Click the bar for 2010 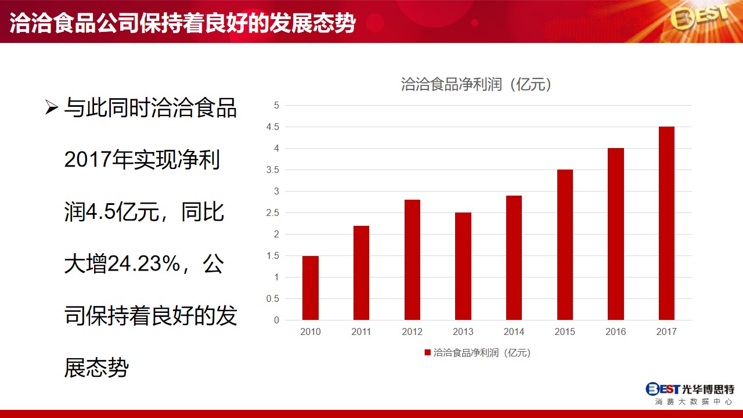[311, 288]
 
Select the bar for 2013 [463, 266]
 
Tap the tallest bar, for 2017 [666, 224]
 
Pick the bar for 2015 [565, 245]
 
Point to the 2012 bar [412, 260]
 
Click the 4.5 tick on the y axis [273, 127]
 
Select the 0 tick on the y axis [276, 320]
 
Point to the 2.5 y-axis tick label [273, 213]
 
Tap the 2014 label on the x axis [514, 331]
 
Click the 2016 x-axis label [616, 331]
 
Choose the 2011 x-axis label [361, 331]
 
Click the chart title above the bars [477, 84]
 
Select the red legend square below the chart [428, 352]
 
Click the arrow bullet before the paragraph [52, 107]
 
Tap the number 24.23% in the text [143, 264]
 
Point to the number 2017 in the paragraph [88, 159]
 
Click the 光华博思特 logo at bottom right [690, 394]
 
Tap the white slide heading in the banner [182, 23]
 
